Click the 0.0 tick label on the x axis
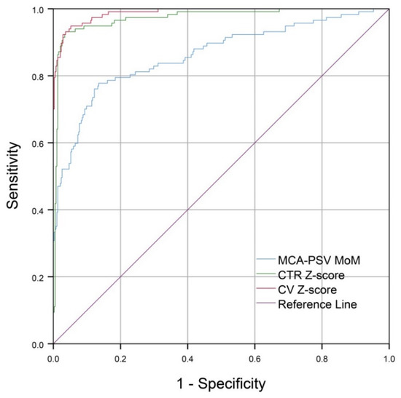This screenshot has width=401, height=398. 53,359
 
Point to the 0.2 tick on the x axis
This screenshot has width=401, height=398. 120,359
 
